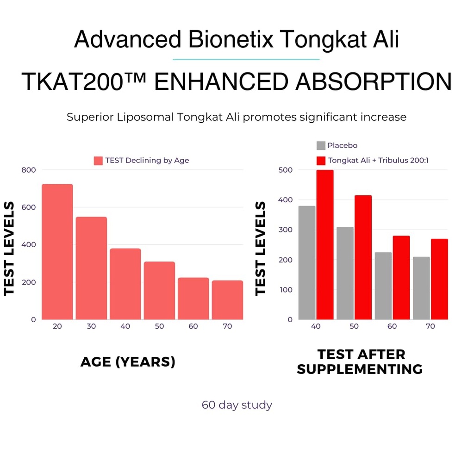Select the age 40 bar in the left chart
[x=125, y=284]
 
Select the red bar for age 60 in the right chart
[x=401, y=277]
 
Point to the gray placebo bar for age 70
[x=421, y=288]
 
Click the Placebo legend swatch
[x=321, y=145]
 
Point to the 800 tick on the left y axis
[x=29, y=170]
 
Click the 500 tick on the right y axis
[x=286, y=170]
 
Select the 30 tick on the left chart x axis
[x=91, y=326]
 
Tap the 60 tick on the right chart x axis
[x=392, y=326]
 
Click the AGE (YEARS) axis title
[x=128, y=362]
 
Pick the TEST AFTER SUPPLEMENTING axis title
[x=360, y=362]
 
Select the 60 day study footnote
[x=237, y=405]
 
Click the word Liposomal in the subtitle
[x=142, y=117]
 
